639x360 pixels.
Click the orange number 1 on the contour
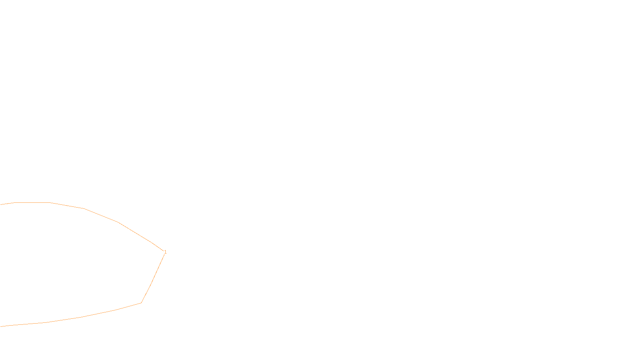[x=165, y=252]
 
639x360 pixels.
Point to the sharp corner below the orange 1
[x=141, y=303]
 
